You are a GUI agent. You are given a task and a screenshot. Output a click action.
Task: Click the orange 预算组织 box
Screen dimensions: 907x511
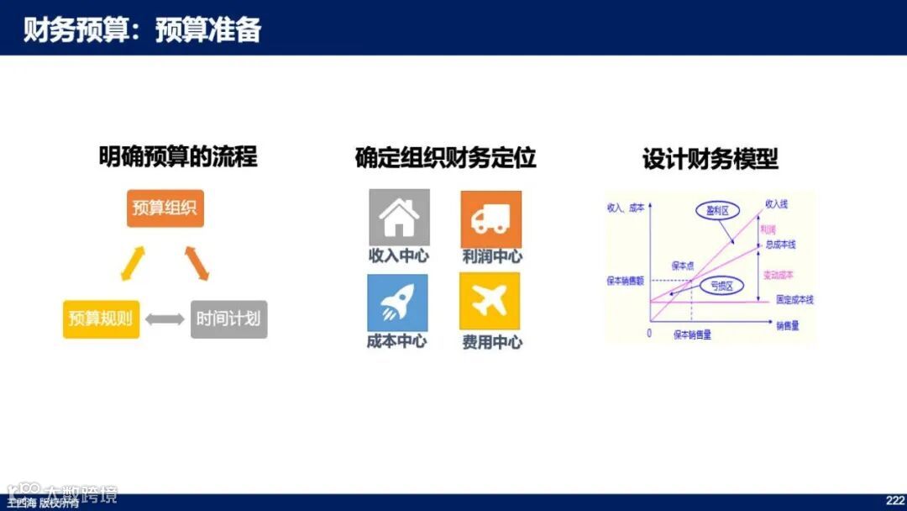[165, 208]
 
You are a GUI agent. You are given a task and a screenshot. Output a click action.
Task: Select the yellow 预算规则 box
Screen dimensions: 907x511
[101, 319]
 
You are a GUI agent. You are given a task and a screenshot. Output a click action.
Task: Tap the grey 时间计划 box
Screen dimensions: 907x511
[228, 319]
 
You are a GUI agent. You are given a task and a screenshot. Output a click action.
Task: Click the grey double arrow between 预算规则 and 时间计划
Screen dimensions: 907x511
[165, 319]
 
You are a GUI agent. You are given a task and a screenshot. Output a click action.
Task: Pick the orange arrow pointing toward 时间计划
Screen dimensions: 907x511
[197, 262]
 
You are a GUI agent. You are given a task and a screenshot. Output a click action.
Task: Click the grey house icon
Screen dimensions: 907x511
[399, 218]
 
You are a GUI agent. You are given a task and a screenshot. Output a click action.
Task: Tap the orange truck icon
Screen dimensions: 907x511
[490, 219]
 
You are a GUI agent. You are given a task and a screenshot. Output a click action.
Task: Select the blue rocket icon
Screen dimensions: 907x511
[397, 303]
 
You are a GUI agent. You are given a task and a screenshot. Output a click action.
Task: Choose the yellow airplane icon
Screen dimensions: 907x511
[490, 301]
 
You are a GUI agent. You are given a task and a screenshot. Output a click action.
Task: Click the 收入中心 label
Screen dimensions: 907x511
[398, 256]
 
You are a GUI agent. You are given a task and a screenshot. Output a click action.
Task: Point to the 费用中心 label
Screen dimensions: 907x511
[491, 342]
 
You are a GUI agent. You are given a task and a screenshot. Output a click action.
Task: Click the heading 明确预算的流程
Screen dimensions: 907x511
[178, 156]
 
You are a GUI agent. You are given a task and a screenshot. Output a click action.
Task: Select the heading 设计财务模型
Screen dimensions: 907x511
[710, 159]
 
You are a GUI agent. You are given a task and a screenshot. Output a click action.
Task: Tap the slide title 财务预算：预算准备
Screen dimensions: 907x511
[142, 29]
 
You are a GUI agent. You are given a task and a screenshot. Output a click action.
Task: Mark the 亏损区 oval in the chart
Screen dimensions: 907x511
[721, 286]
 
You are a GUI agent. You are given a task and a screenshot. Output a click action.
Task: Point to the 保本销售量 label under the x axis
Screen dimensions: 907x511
[692, 335]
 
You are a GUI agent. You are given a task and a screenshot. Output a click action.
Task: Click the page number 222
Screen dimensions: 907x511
[894, 500]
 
